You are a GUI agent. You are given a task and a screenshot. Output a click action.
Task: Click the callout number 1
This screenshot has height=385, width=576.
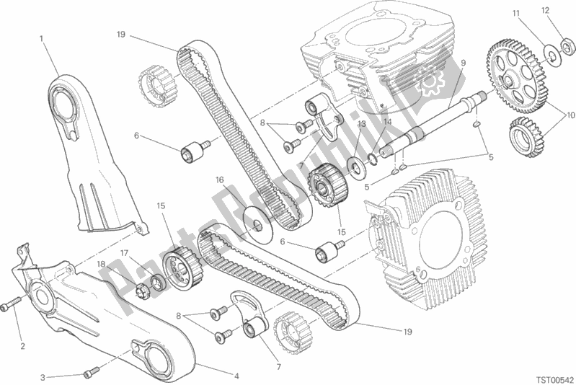pyautogui.click(x=42, y=37)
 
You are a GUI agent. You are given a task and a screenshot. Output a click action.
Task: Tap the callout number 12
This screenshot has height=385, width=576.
pyautogui.click(x=545, y=11)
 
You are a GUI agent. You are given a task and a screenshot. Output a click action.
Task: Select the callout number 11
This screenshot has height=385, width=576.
pyautogui.click(x=516, y=14)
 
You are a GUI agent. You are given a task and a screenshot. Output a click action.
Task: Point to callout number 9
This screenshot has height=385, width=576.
pyautogui.click(x=464, y=63)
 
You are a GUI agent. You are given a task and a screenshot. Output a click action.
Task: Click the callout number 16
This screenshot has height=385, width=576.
pyautogui.click(x=219, y=180)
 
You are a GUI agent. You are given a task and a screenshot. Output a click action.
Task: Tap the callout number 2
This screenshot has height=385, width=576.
pyautogui.click(x=22, y=345)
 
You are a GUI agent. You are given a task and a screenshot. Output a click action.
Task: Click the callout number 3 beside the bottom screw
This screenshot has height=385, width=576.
pyautogui.click(x=43, y=377)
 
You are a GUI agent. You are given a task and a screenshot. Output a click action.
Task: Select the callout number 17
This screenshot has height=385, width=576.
pyautogui.click(x=124, y=253)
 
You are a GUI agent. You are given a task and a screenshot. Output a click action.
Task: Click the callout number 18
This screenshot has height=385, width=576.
pyautogui.click(x=102, y=263)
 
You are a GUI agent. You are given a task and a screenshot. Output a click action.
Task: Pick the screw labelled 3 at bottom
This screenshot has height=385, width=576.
pyautogui.click(x=92, y=372)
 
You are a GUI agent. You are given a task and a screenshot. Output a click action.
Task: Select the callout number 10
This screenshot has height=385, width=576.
pyautogui.click(x=570, y=115)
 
